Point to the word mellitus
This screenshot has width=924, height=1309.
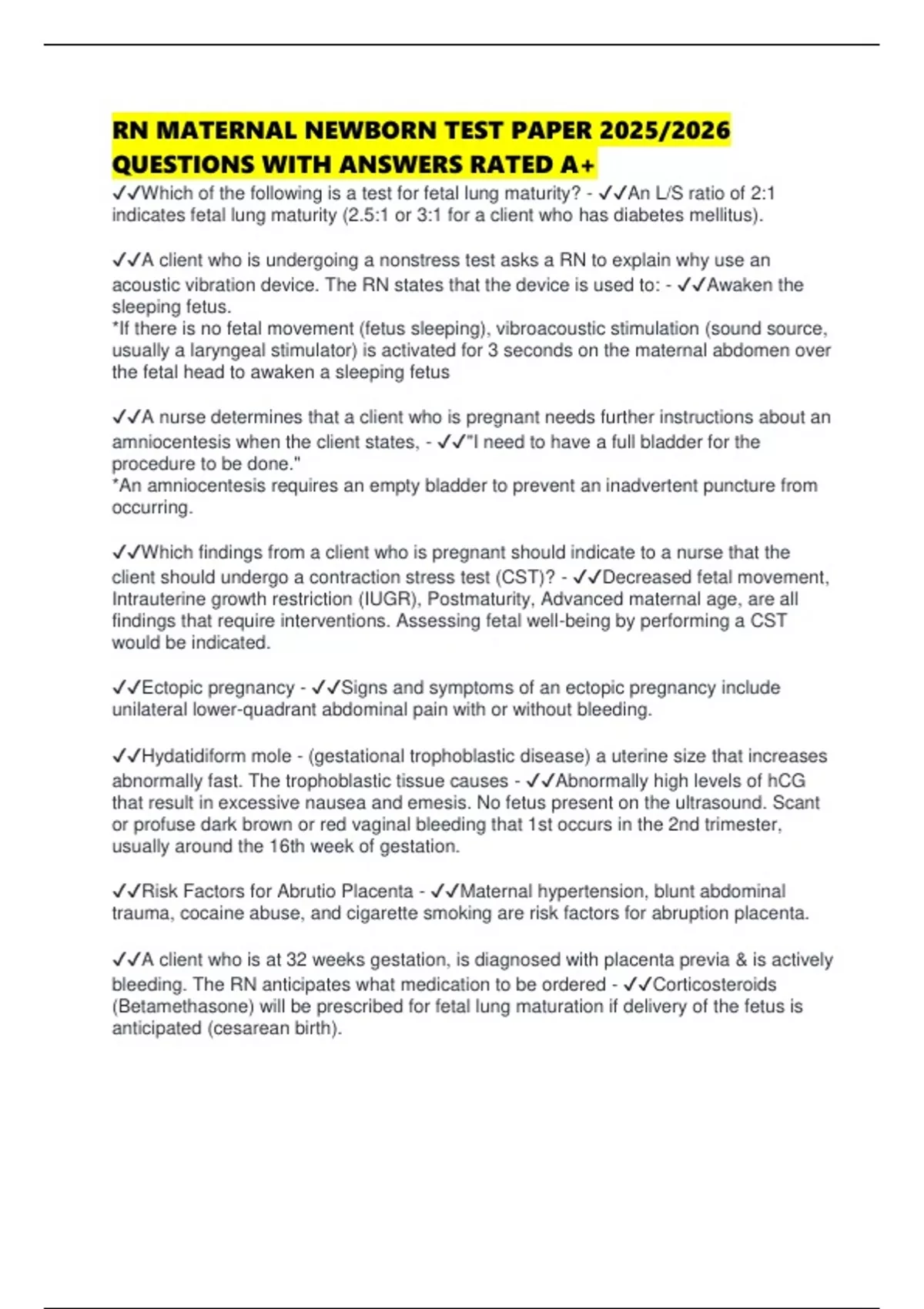728,216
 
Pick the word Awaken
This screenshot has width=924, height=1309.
740,285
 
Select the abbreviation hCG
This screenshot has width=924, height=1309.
786,781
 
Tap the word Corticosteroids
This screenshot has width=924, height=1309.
715,985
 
